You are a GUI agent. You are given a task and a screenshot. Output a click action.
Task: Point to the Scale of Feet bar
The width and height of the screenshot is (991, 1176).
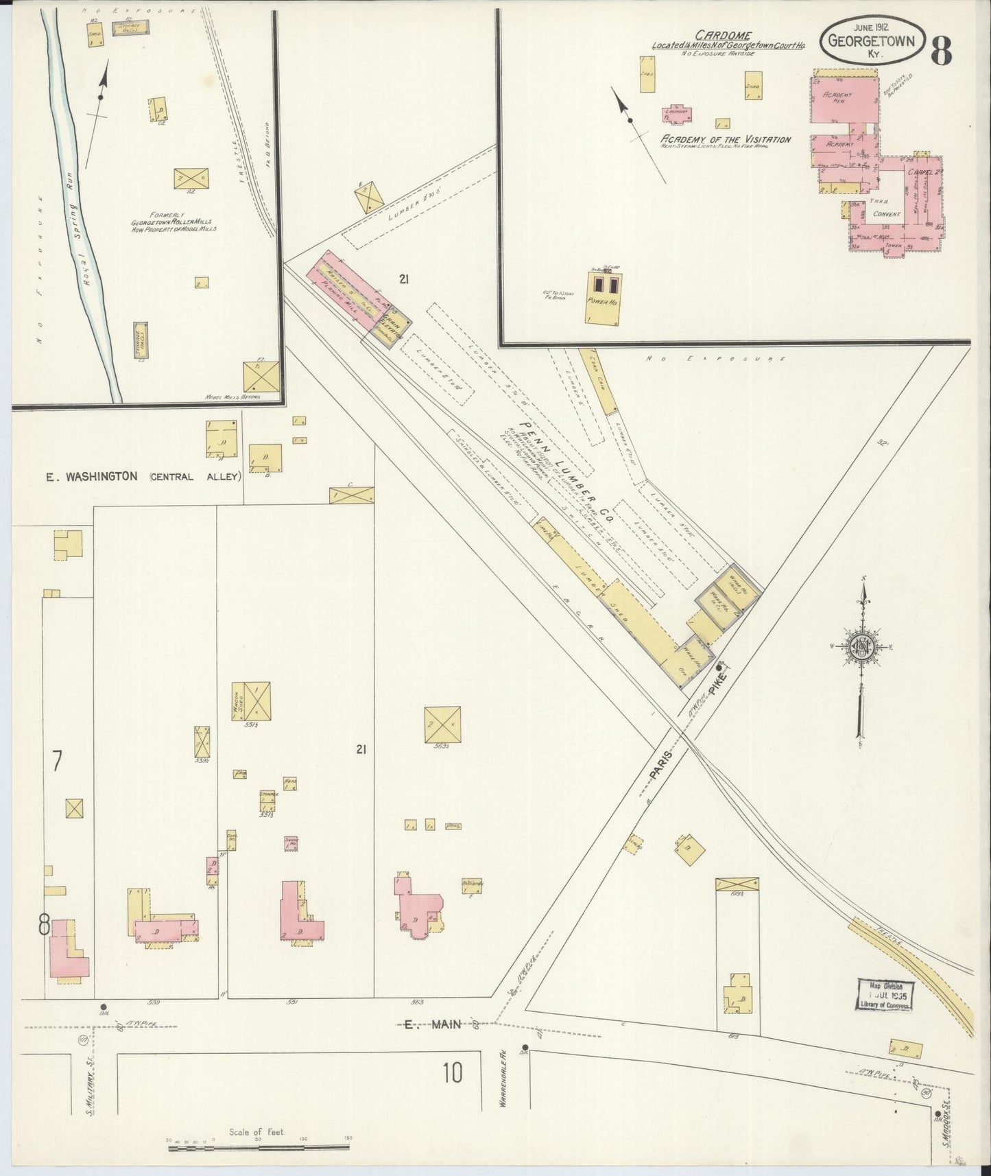[259, 1142]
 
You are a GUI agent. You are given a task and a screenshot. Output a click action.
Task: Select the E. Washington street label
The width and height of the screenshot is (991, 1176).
[93, 476]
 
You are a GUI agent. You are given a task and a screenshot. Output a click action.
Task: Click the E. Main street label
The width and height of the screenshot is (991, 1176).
[420, 1025]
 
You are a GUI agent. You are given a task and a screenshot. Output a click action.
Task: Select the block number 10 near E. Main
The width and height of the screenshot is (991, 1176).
[453, 1072]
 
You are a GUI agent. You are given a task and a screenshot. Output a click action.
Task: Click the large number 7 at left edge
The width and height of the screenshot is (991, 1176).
[58, 760]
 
